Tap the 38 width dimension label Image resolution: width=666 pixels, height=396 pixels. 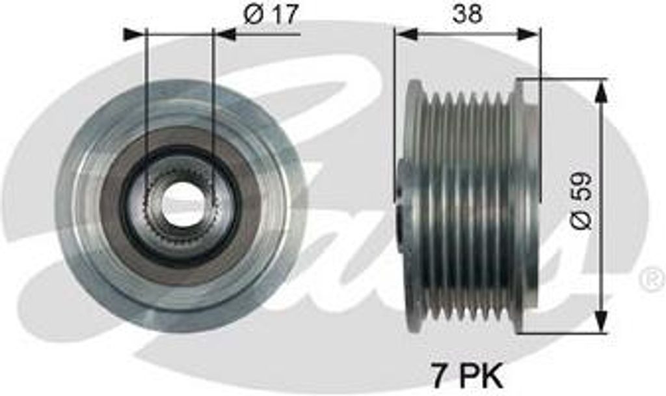coord(467,14)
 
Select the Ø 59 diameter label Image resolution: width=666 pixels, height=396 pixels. coord(581,200)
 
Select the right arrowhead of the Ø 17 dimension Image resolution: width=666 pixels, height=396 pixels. coord(225,34)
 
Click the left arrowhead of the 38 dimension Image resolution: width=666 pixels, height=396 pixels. coord(406,34)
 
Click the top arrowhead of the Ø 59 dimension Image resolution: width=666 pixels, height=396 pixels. coord(601,91)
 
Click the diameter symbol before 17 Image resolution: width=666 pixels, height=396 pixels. coord(254,14)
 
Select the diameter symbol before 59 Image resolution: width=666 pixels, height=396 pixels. coord(581,219)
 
